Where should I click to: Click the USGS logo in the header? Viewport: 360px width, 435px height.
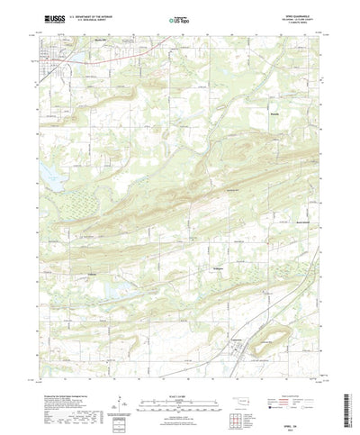[x=45, y=17]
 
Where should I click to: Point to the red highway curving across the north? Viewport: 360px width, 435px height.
[x=135, y=53]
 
